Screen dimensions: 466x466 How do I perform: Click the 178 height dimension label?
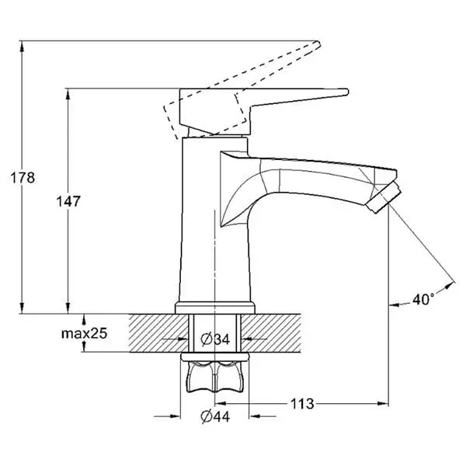click(23, 177)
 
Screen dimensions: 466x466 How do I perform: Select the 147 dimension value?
click(68, 201)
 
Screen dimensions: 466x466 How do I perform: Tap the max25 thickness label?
click(84, 333)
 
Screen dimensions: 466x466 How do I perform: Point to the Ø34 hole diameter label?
click(215, 339)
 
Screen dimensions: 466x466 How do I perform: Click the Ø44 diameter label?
click(215, 416)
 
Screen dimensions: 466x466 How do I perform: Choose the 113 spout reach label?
click(302, 404)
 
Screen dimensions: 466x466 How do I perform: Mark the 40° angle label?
click(423, 299)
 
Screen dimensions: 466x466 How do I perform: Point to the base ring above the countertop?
click(215, 308)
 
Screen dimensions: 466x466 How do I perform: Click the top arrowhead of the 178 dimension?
click(22, 46)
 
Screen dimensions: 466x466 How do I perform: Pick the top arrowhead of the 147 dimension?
click(68, 94)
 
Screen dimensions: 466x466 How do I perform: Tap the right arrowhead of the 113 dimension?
click(383, 403)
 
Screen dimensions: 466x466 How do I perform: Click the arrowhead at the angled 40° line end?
click(450, 285)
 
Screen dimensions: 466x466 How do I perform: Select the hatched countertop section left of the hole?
click(158, 333)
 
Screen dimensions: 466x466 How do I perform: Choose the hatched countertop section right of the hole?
click(271, 333)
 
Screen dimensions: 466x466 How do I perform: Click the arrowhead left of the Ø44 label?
click(175, 416)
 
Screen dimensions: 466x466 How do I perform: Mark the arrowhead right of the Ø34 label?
click(247, 338)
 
